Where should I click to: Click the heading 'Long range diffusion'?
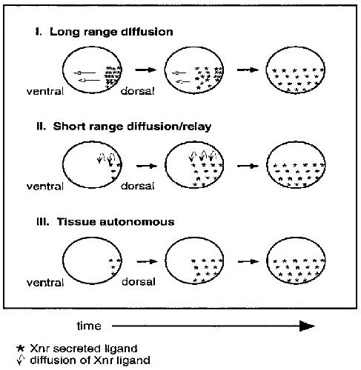[111, 32]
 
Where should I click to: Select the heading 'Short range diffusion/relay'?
[132, 127]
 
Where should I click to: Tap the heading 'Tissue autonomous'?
[116, 221]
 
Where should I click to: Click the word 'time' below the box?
[89, 326]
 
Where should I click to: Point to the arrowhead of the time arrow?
[307, 326]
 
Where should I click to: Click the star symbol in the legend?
[20, 349]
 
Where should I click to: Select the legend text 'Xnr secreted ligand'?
[84, 349]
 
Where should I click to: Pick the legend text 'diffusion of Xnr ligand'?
[90, 360]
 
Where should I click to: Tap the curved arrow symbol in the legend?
[21, 360]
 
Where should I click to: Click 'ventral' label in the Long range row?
[45, 92]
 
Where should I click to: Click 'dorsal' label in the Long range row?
[137, 91]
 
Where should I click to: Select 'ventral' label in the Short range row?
[45, 186]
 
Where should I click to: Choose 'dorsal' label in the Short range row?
[138, 186]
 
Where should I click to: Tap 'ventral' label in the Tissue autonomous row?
[45, 283]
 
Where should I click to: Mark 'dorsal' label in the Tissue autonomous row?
[139, 282]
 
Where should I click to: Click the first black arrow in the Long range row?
[146, 70]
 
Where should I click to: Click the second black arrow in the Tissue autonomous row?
[248, 261]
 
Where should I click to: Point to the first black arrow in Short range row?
[147, 166]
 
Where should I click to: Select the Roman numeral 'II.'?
[41, 127]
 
